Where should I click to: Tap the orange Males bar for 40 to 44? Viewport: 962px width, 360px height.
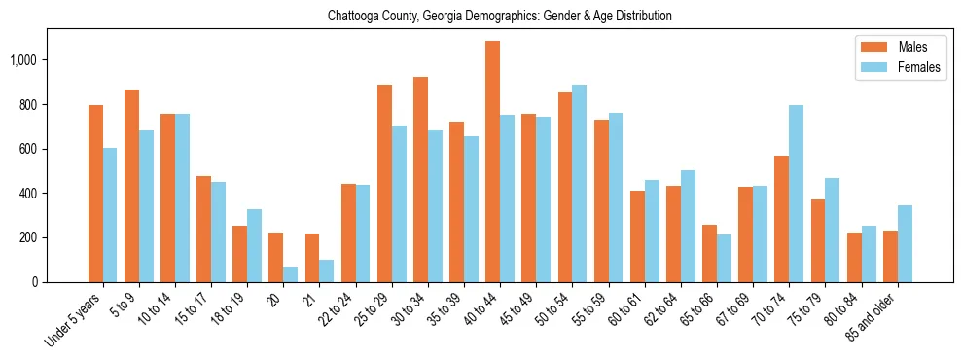(x=492, y=162)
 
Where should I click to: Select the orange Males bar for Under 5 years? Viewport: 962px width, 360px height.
(x=95, y=194)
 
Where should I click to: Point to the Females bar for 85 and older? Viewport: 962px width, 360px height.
(x=905, y=243)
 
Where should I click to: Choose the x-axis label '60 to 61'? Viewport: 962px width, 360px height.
(x=623, y=310)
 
